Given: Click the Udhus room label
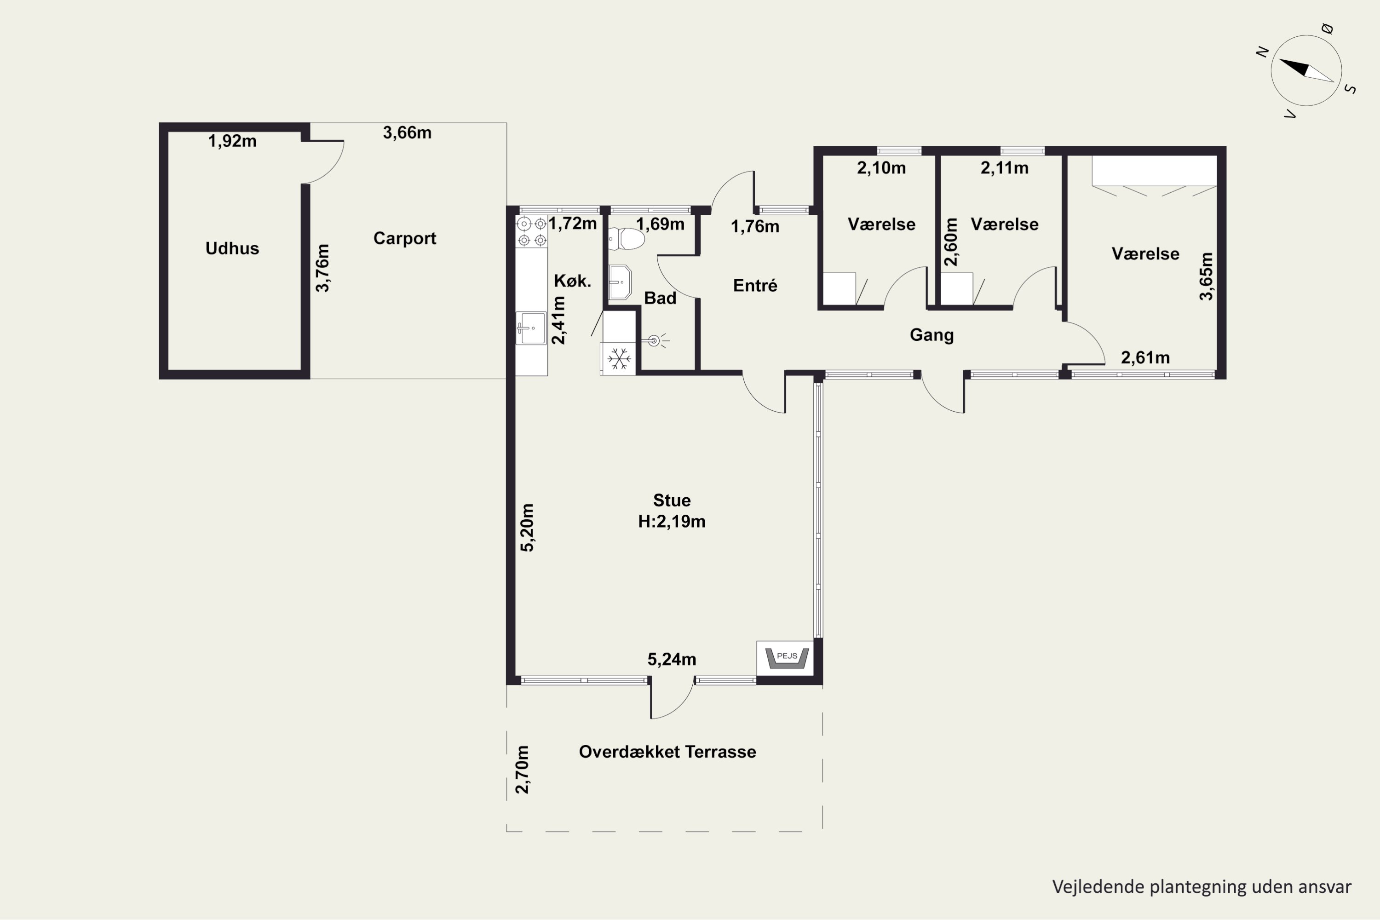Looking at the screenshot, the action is click(x=232, y=248).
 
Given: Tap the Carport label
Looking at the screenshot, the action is click(x=405, y=238).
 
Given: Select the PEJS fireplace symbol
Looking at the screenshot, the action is click(x=787, y=658).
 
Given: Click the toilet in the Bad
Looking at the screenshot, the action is click(x=626, y=239).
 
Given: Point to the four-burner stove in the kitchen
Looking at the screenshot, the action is click(x=532, y=232).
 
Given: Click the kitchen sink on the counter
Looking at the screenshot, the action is click(x=530, y=328).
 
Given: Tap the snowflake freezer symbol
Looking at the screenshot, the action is click(x=619, y=358).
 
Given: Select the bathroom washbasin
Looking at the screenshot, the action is click(x=620, y=282).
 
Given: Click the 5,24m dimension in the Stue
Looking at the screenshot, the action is click(x=672, y=660).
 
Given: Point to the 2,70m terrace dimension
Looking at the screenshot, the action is click(x=522, y=769).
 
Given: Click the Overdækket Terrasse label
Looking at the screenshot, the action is click(x=667, y=752).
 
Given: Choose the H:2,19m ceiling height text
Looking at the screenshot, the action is click(x=672, y=522).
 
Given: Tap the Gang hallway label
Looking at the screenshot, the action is click(x=932, y=335).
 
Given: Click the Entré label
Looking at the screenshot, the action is click(x=755, y=286).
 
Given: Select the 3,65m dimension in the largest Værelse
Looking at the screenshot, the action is click(x=1206, y=276).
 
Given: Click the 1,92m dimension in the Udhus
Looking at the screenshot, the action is click(x=232, y=141).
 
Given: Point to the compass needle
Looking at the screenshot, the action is click(x=1306, y=70).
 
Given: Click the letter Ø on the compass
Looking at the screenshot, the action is click(x=1328, y=29).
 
